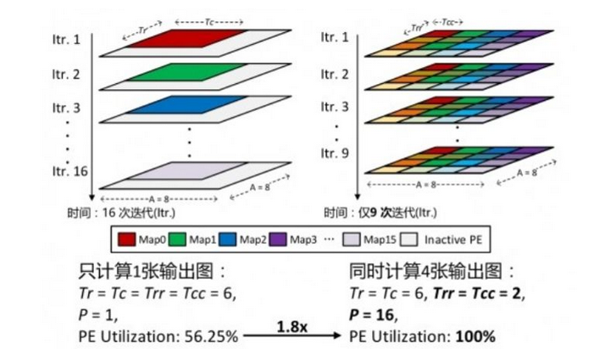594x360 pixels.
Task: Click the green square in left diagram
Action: [190, 75]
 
